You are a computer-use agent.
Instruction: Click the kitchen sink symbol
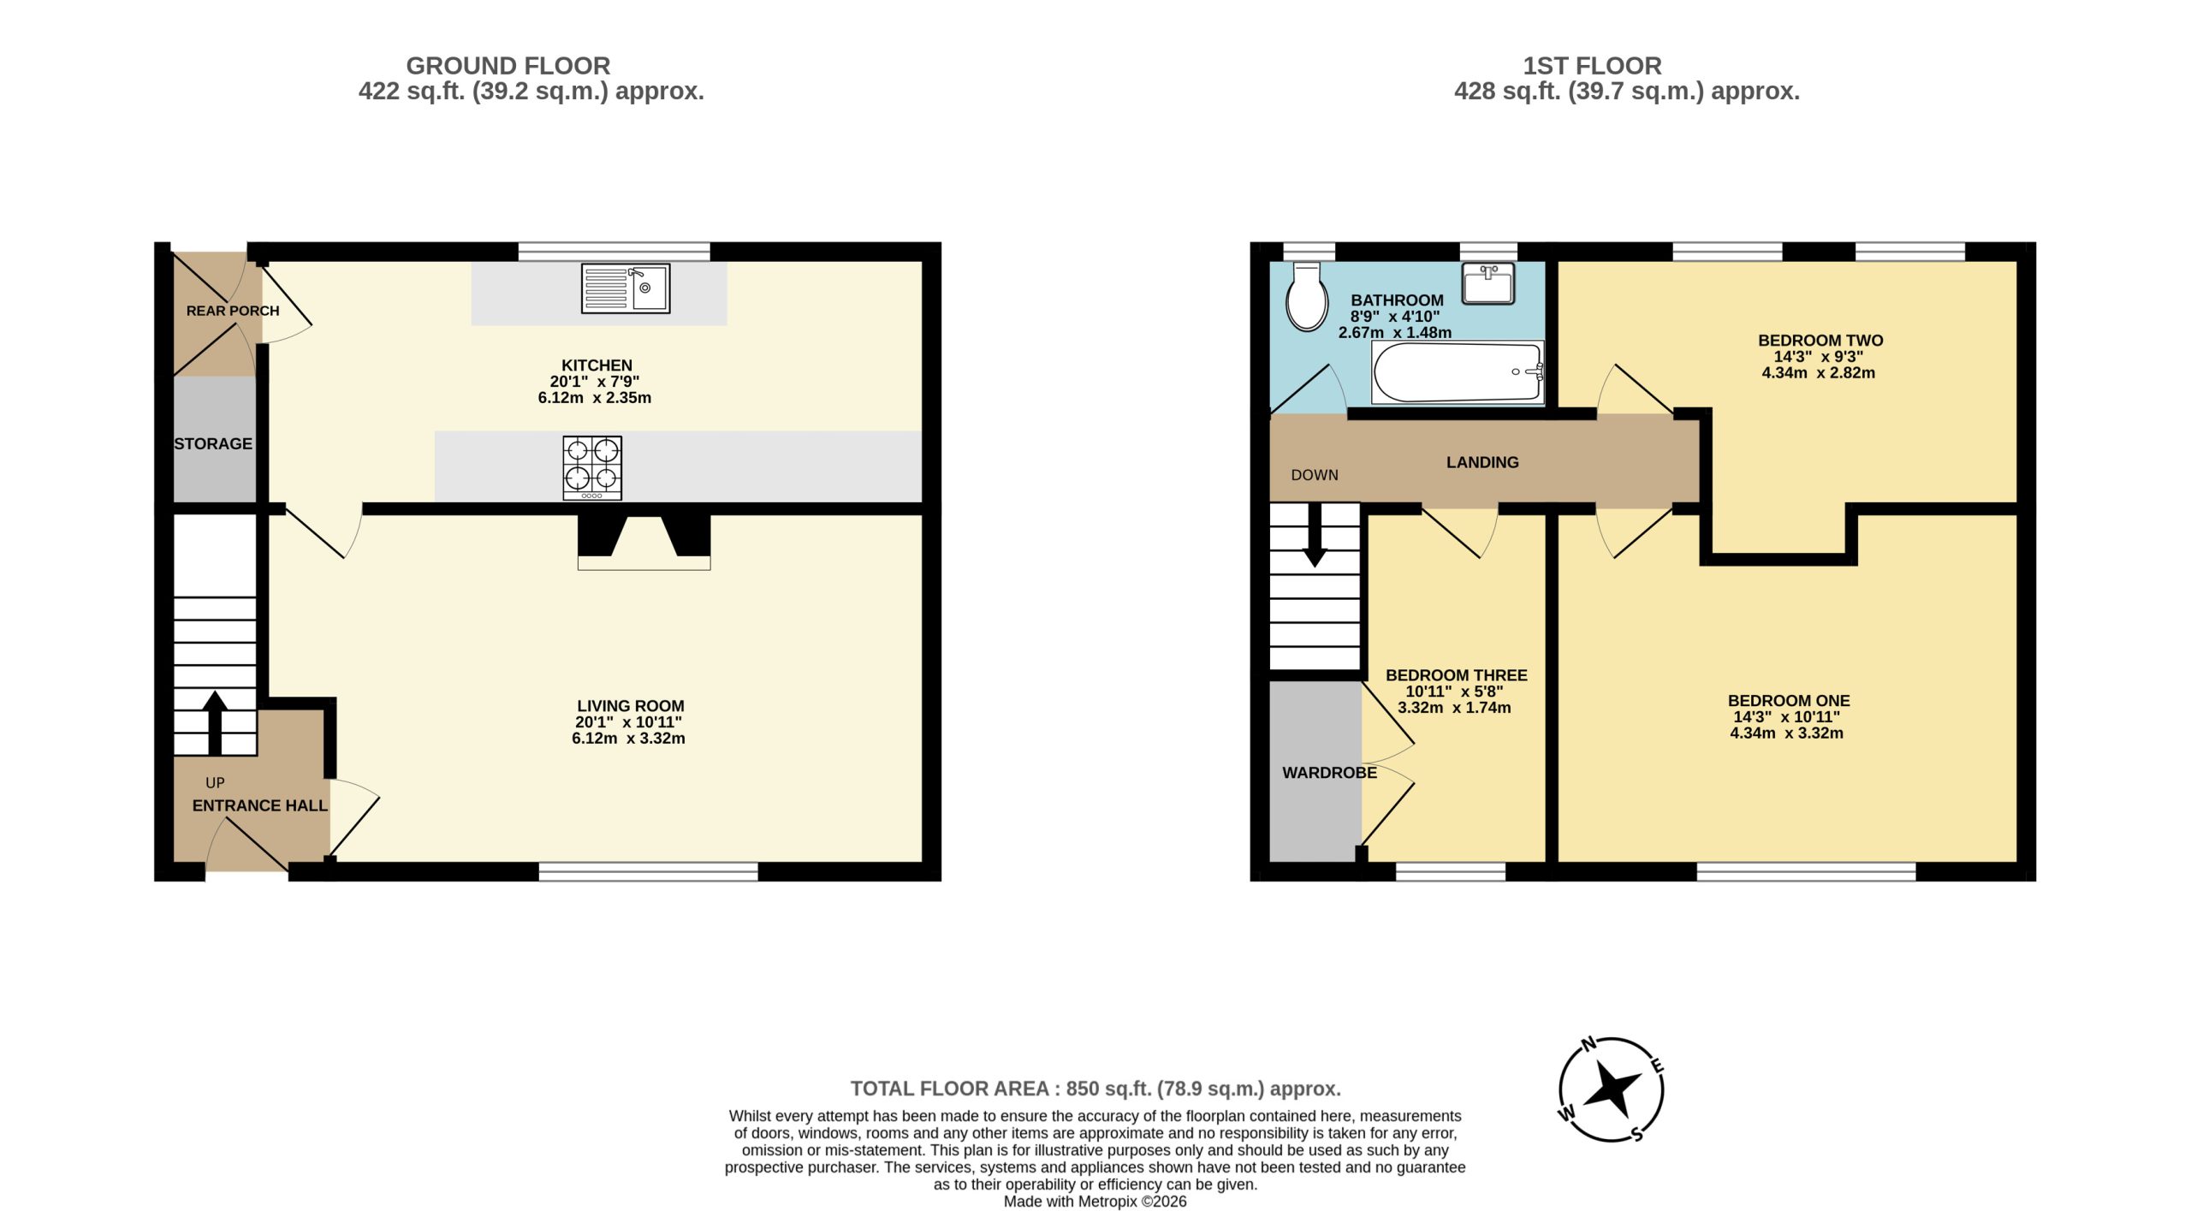tap(626, 288)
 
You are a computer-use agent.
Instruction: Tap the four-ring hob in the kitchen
tap(592, 468)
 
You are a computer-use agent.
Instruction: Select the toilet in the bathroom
tap(1307, 296)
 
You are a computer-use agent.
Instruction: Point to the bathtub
tap(1458, 372)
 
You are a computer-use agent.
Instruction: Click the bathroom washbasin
tap(1488, 283)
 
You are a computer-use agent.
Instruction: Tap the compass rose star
tap(1612, 1089)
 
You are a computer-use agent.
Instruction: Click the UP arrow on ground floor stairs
tap(215, 722)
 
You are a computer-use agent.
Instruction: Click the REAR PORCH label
tap(233, 311)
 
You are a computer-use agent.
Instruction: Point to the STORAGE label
tap(213, 443)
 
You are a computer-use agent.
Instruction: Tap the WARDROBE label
tap(1329, 773)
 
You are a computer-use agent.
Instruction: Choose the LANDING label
tap(1482, 462)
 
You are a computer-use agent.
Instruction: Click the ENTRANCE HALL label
tap(259, 805)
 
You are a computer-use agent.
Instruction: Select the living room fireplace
tap(644, 542)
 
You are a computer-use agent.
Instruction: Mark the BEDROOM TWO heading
tap(1820, 341)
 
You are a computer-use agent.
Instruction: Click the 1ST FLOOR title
tap(1592, 66)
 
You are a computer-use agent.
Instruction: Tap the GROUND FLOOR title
tap(508, 66)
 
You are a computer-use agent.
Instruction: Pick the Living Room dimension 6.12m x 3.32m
tap(628, 739)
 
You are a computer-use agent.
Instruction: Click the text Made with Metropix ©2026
tap(1095, 1202)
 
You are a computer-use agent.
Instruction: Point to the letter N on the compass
tap(1588, 1044)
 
